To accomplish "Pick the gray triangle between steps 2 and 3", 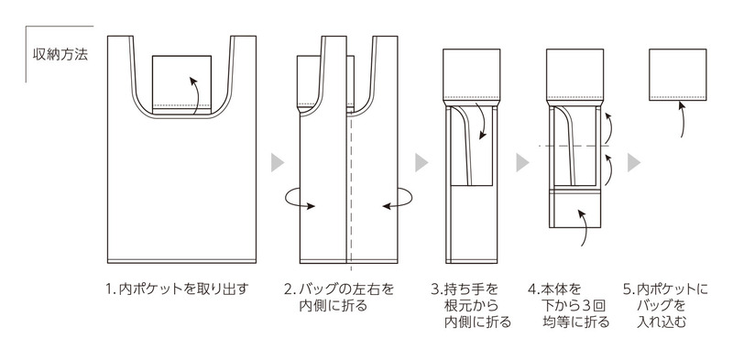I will pyautogui.click(x=421, y=162).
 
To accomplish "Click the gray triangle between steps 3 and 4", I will pyautogui.click(x=523, y=162).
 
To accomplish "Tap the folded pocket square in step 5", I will pyautogui.click(x=679, y=73).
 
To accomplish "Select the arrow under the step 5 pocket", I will pyautogui.click(x=682, y=119).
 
